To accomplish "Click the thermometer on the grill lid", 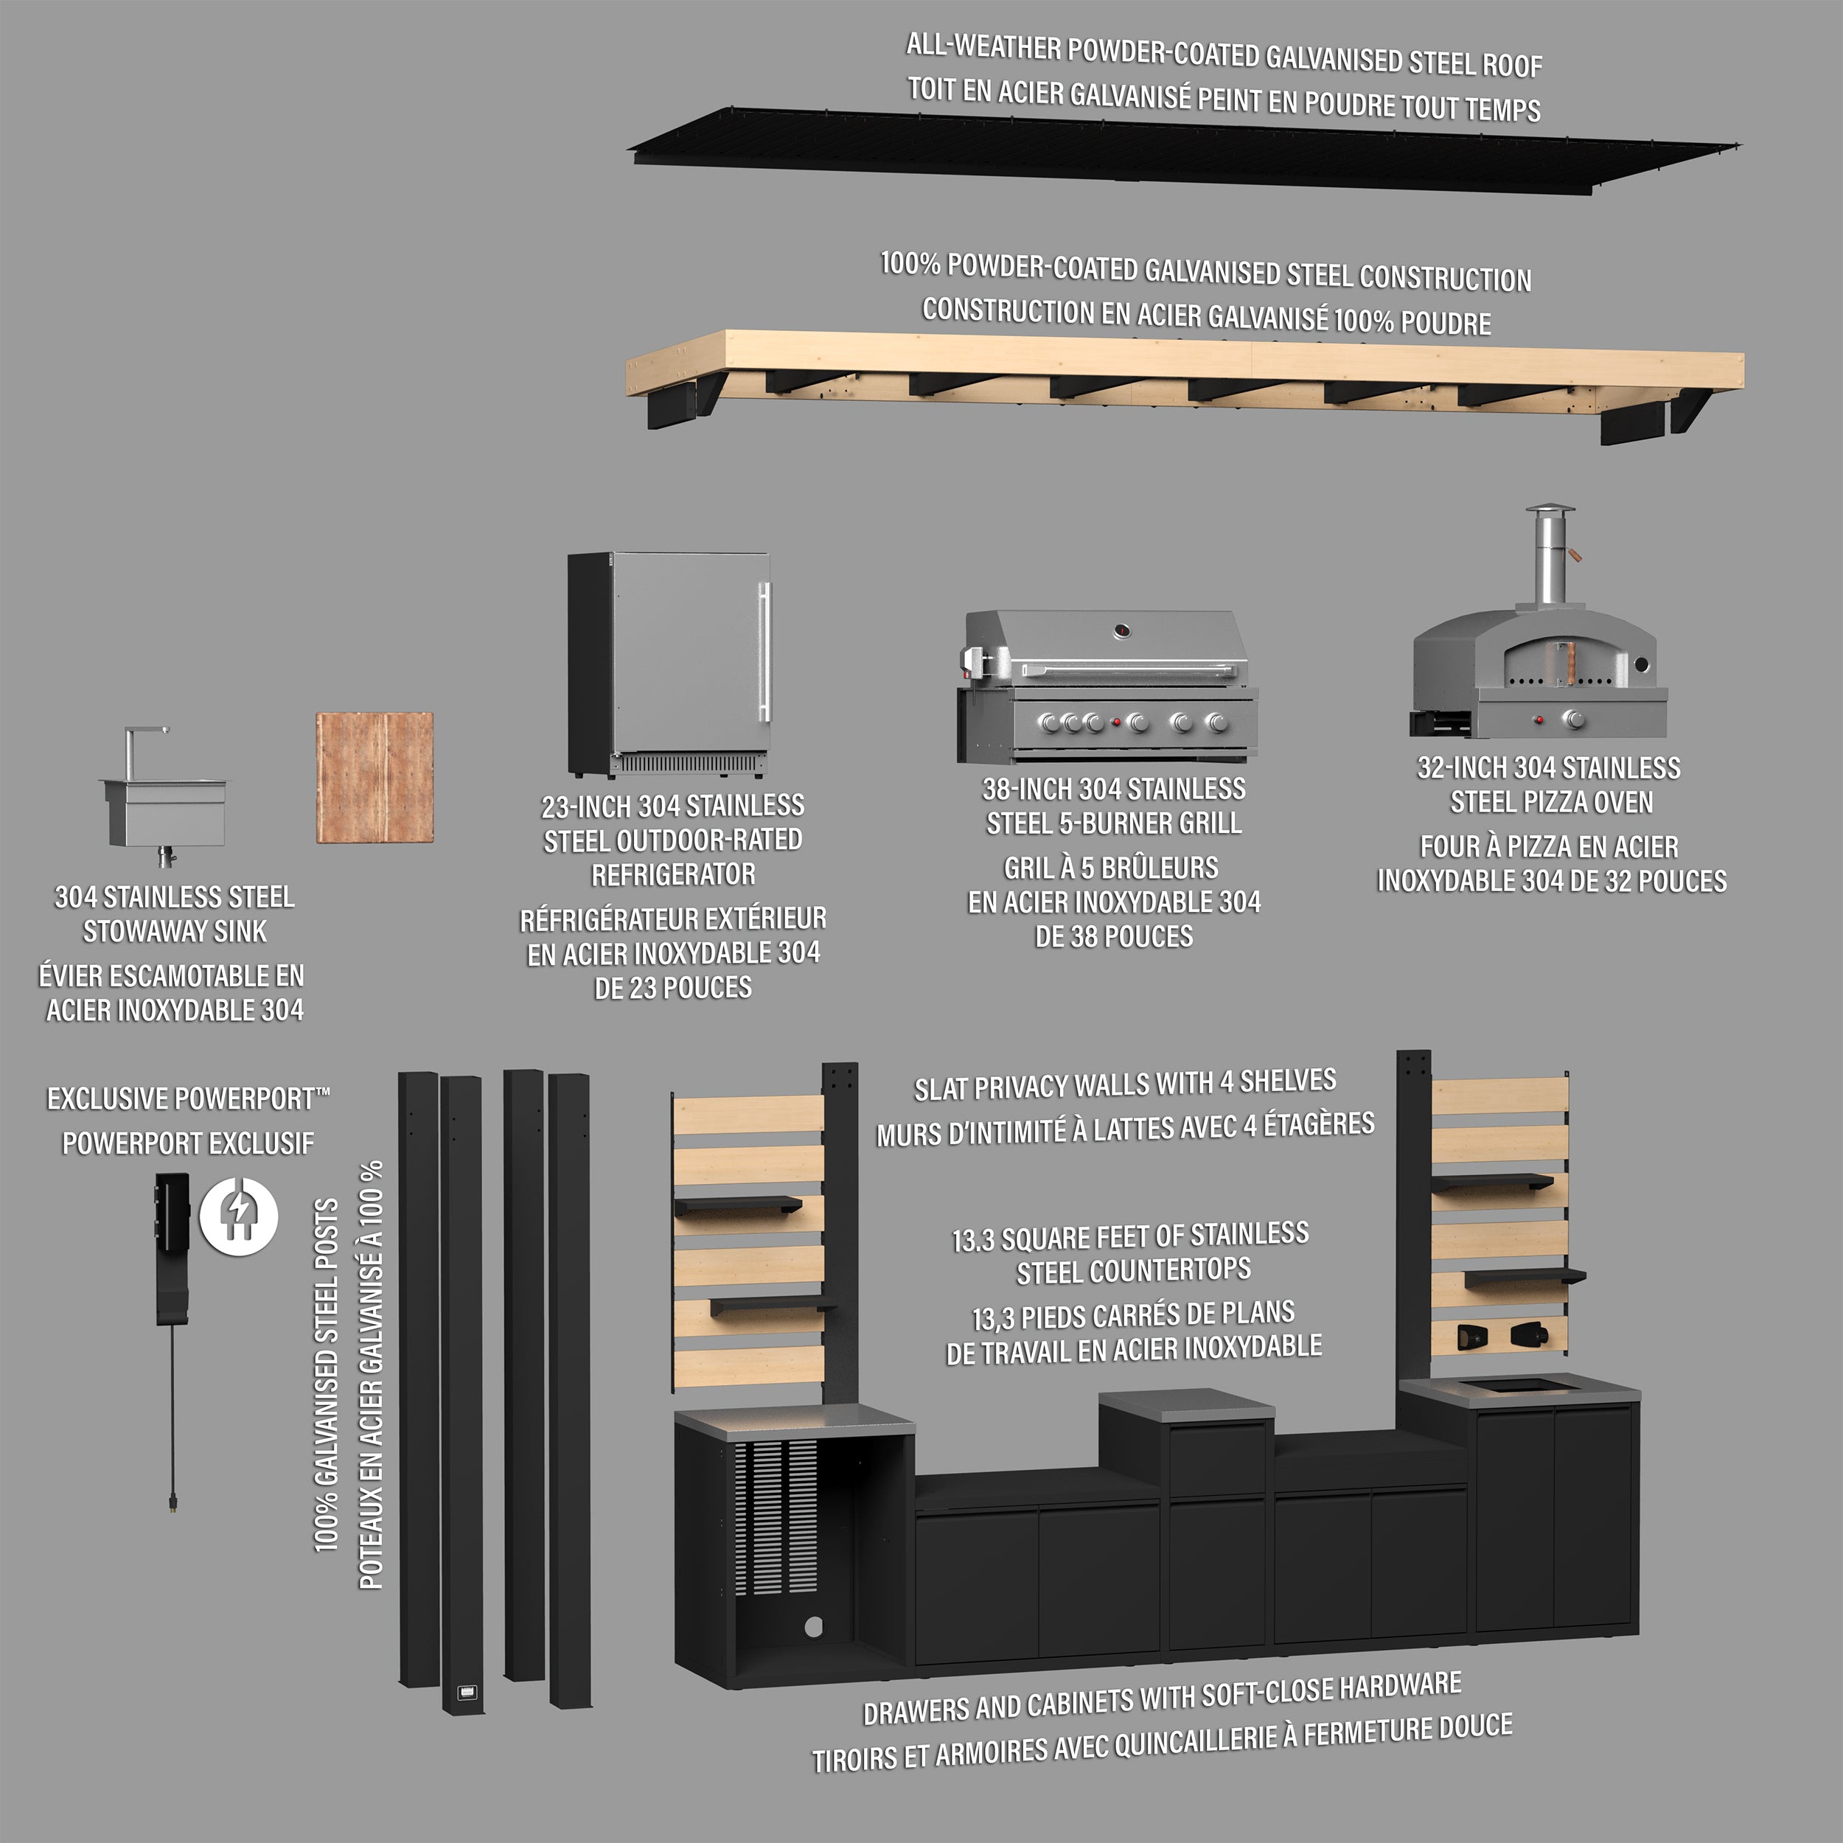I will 1123,630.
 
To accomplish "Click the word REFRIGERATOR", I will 674,874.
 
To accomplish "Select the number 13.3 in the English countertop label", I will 974,1241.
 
